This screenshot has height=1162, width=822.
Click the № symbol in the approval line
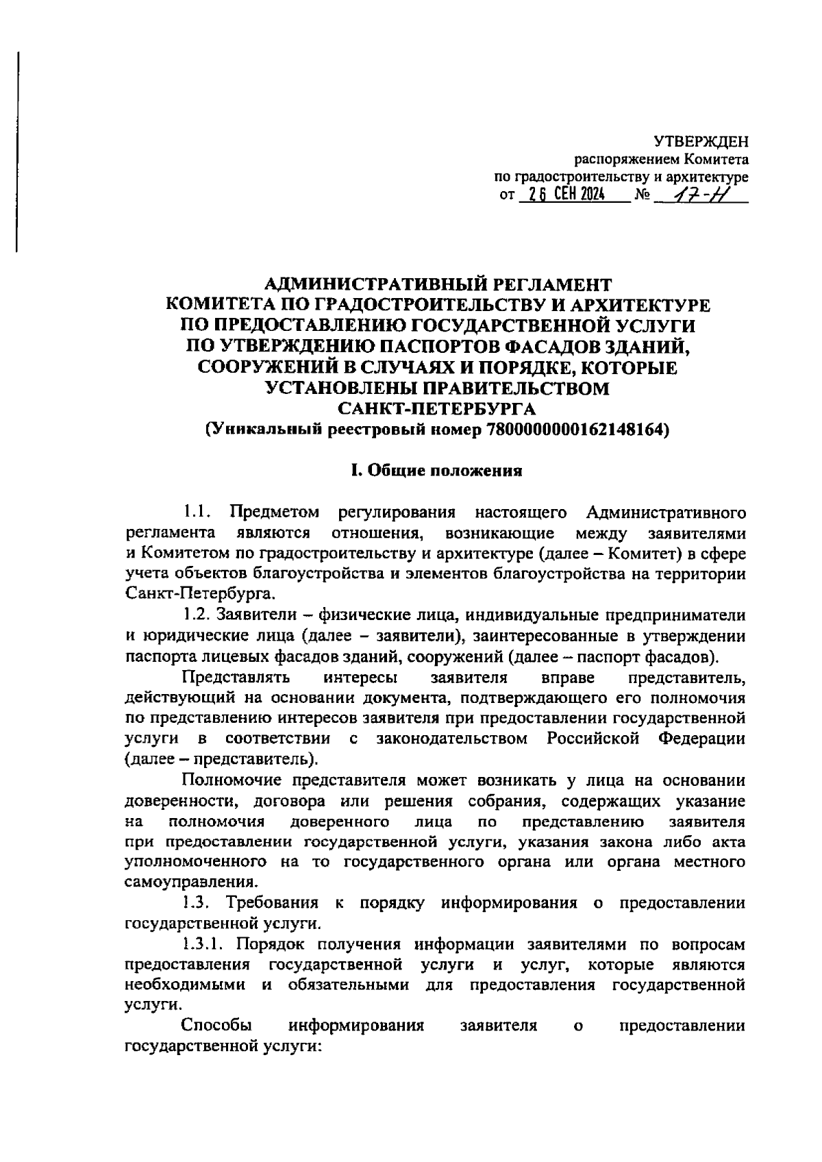coord(643,196)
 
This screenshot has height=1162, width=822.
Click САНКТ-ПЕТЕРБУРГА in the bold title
coord(437,409)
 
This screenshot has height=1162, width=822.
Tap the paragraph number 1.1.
coord(199,512)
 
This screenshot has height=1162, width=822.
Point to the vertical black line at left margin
coord(18,151)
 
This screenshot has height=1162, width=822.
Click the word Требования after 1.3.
coord(275,903)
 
